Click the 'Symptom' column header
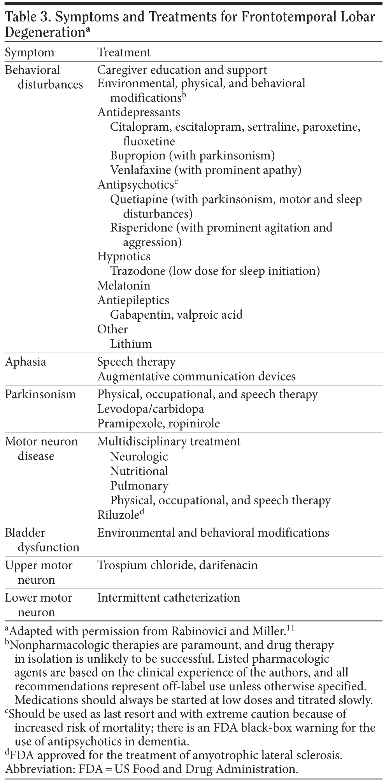tap(30, 53)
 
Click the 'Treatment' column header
tap(123, 53)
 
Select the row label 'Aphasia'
tap(25, 362)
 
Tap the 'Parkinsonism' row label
tap(40, 394)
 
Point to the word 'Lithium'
tap(131, 344)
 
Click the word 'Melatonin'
tap(123, 286)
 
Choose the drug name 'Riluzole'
tap(118, 515)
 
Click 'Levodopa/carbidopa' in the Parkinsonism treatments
tap(150, 409)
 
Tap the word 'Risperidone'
tap(141, 228)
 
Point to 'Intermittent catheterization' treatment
tap(168, 597)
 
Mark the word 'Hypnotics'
tap(123, 256)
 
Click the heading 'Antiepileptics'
tap(133, 300)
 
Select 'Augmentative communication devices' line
tap(196, 377)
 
